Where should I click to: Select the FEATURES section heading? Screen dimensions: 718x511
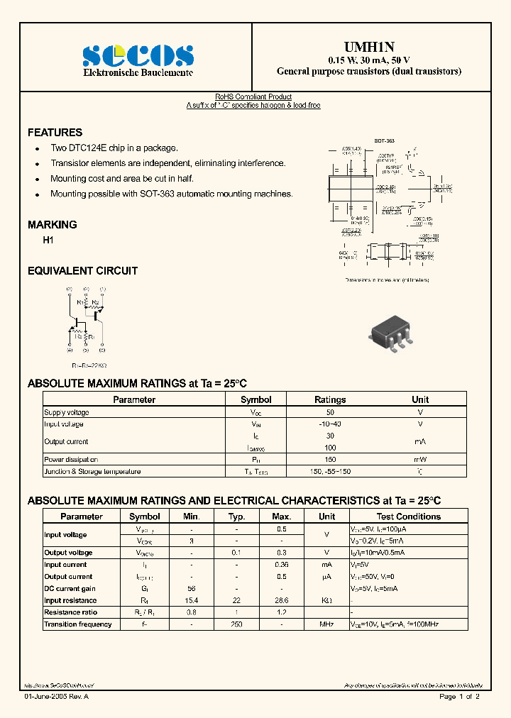(55, 133)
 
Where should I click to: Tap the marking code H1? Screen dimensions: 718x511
(48, 241)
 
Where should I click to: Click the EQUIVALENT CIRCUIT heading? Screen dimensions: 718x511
(82, 271)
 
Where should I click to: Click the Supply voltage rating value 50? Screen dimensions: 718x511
(330, 412)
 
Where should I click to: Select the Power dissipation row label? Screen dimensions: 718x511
(71, 460)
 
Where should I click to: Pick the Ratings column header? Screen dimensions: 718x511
(330, 399)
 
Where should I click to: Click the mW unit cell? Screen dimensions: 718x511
(420, 460)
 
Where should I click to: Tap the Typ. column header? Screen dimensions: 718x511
(236, 517)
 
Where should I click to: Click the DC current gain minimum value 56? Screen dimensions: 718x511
(191, 589)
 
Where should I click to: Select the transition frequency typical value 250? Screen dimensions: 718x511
(236, 624)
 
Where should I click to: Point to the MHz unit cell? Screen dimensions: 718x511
(326, 624)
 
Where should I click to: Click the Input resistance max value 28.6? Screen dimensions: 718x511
(282, 600)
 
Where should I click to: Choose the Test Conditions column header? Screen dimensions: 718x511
(408, 517)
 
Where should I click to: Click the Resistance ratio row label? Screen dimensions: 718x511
(71, 612)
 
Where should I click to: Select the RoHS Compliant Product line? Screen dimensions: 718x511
(253, 97)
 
